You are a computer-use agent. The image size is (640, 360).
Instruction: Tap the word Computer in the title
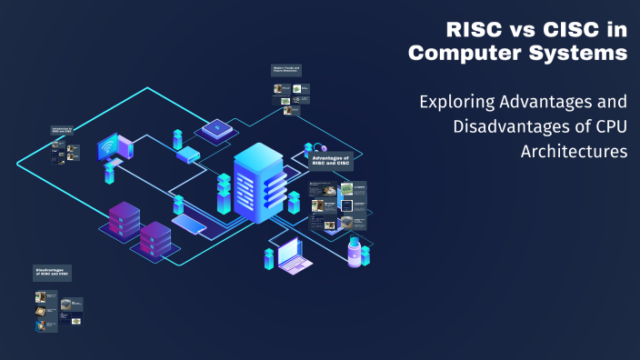point(462,54)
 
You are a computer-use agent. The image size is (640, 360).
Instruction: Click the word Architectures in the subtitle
point(574,151)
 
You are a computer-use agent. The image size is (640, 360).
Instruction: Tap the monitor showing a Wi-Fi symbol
point(113,147)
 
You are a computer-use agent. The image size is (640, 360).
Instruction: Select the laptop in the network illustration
point(295,255)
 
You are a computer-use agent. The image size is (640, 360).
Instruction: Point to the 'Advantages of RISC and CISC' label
point(331,162)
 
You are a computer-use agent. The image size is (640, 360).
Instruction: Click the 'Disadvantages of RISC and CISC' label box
point(52,272)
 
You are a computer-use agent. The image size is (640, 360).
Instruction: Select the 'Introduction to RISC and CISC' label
point(63,132)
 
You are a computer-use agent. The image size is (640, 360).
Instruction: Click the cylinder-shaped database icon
point(355,251)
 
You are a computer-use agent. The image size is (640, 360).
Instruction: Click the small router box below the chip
point(188,155)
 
